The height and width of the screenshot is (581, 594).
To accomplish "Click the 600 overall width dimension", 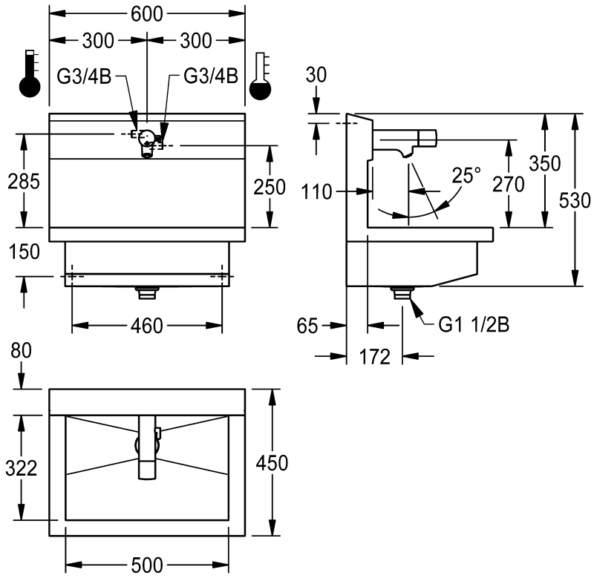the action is coord(146,14).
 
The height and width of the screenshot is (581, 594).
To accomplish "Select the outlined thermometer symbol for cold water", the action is coord(261,76).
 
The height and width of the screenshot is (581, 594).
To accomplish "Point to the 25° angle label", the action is coord(466,175).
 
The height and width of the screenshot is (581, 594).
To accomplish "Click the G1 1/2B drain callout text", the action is coord(474,324).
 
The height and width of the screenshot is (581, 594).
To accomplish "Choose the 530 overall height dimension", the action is coord(575,200).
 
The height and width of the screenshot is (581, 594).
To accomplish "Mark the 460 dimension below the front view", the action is coord(146,326).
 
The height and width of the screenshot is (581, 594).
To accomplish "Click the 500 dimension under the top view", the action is coord(147,565).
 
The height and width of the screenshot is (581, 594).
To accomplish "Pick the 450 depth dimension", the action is coord(272,462).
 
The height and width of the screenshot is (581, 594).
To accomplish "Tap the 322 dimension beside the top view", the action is coord(22,467).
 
